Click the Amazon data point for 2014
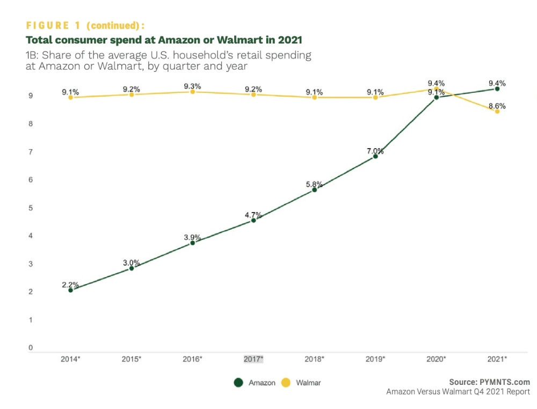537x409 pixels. [x=70, y=290]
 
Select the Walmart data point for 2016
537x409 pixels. [x=192, y=92]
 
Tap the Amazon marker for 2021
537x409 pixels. [x=497, y=89]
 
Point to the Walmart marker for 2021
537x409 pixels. [x=497, y=111]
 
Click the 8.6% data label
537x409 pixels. [x=497, y=106]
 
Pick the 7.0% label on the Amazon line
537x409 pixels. [x=375, y=151]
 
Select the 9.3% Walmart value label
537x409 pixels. [x=192, y=86]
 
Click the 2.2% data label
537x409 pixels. [x=70, y=284]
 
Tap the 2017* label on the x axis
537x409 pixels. [x=253, y=359]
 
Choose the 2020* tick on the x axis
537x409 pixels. [x=436, y=359]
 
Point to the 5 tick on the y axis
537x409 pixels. [x=30, y=208]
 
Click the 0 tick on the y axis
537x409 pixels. [x=30, y=348]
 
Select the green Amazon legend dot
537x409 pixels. [x=239, y=383]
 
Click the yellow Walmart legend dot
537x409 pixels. [x=286, y=383]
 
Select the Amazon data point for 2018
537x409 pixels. [x=314, y=189]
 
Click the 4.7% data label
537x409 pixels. [x=253, y=215]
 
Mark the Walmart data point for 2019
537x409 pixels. [x=375, y=98]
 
